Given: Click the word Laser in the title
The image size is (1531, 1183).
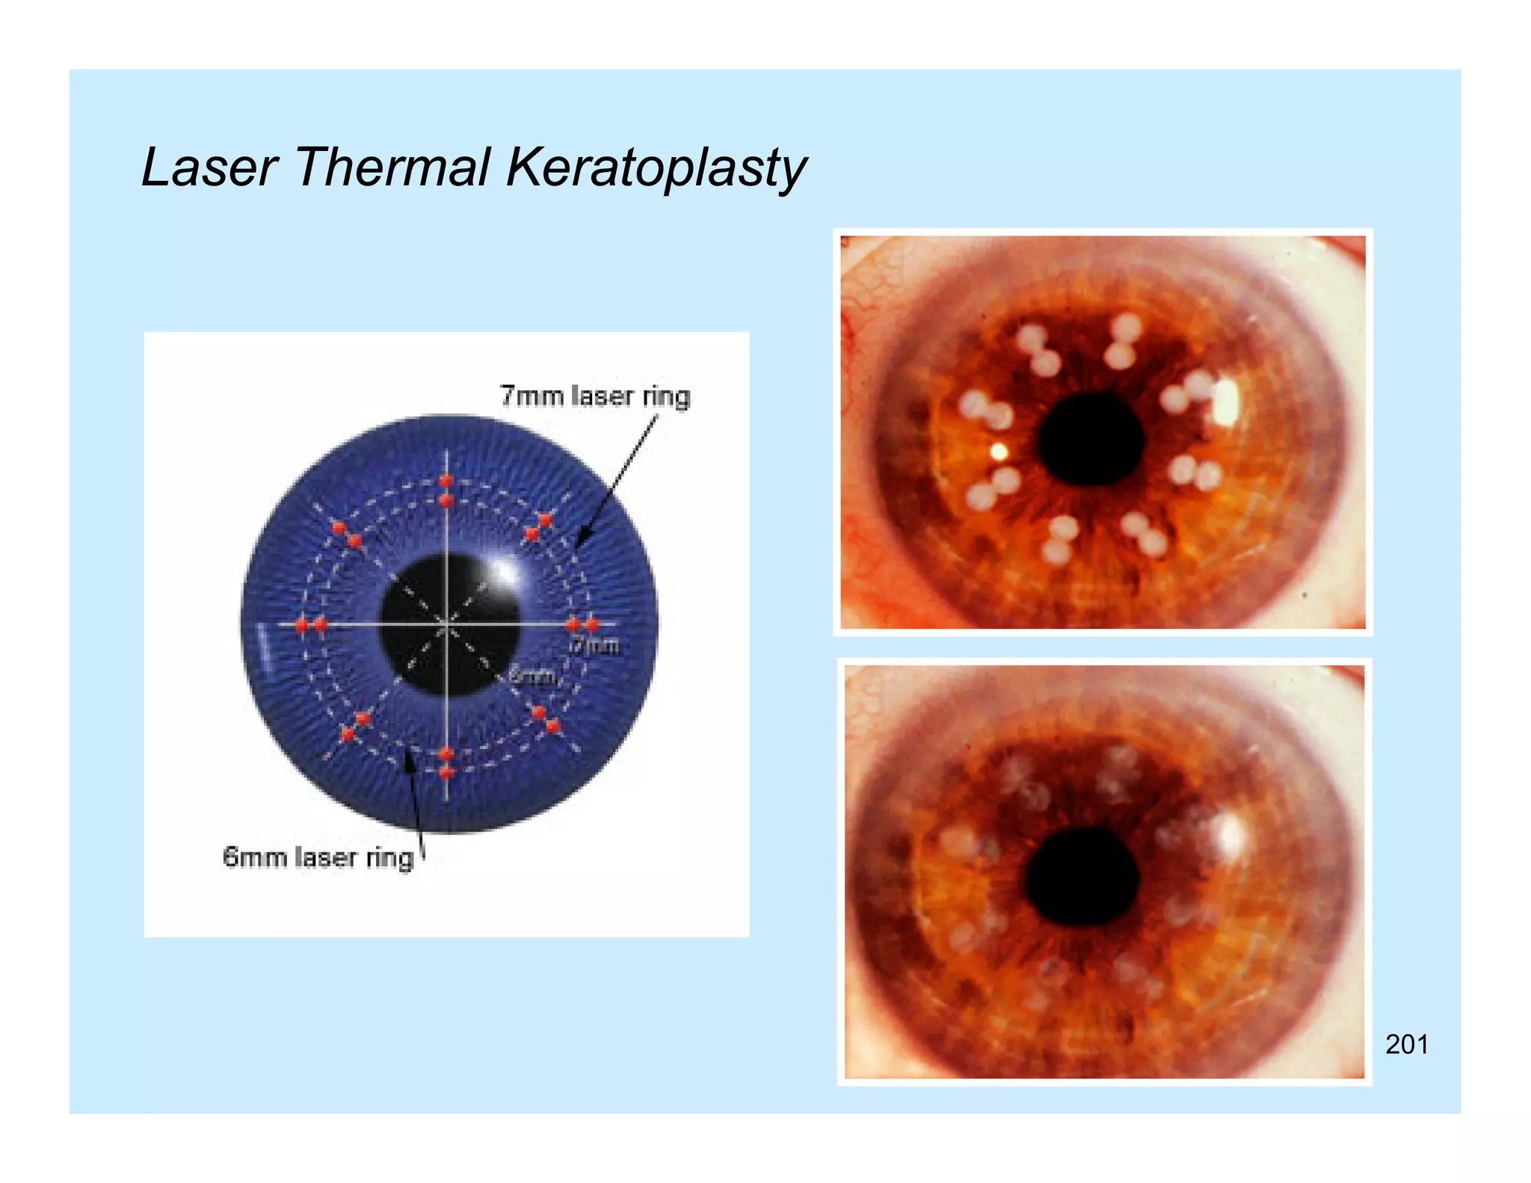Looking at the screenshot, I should point(209,167).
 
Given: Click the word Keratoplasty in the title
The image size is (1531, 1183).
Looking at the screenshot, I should point(656,168).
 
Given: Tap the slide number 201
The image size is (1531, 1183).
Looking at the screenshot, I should point(1406,1044).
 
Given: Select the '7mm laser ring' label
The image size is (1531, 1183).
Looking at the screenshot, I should point(595,396).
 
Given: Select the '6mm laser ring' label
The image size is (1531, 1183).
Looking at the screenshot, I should point(318,857).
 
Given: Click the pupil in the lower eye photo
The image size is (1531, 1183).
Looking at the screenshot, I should point(1082,877).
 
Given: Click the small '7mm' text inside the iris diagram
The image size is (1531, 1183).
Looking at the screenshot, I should point(596,645).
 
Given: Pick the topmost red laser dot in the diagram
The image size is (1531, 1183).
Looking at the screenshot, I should point(446,480).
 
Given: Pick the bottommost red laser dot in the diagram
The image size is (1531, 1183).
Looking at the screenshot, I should point(446,772).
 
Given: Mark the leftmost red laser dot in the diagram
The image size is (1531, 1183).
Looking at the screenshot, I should point(302,625).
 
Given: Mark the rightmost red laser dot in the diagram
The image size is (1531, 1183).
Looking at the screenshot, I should point(592,624).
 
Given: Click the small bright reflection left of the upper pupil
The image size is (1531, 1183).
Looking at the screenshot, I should point(999,451).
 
